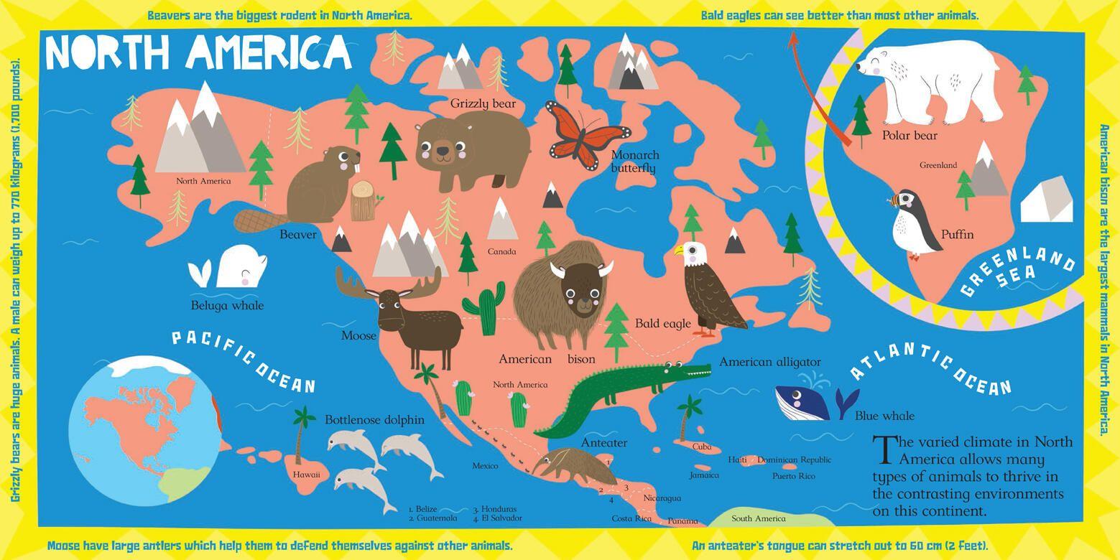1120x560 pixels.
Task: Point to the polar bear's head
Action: (x=876, y=68)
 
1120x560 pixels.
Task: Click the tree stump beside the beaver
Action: (x=364, y=201)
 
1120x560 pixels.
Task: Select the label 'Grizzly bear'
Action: (x=483, y=104)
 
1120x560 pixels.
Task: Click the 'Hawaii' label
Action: (x=306, y=475)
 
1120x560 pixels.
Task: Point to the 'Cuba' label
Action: (x=701, y=447)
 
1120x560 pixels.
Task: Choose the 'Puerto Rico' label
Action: (x=793, y=476)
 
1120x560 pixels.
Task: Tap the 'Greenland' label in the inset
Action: (x=938, y=165)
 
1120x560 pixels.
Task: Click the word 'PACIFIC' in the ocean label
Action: (x=212, y=348)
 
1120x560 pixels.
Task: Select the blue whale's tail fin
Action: (x=846, y=402)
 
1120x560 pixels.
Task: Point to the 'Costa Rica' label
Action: (x=631, y=518)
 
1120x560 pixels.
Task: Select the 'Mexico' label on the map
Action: (x=485, y=466)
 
